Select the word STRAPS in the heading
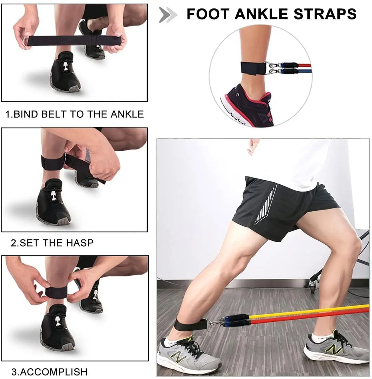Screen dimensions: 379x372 (x=325, y=14)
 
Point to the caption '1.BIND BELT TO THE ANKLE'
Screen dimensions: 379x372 (x=75, y=114)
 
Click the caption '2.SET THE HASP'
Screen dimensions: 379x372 (x=52, y=243)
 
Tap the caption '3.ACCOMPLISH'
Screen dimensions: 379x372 (x=50, y=372)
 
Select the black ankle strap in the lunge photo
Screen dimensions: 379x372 (x=182, y=324)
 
